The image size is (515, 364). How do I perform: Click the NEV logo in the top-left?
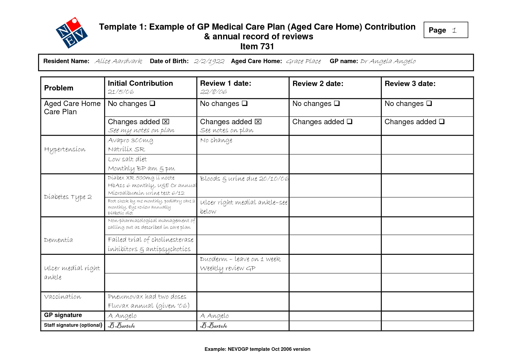(x=72, y=33)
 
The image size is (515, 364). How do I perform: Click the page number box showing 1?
(x=445, y=30)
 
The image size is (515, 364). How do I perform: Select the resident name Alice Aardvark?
(x=118, y=61)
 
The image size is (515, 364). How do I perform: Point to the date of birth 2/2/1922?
(x=209, y=61)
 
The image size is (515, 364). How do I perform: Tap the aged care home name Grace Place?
(x=303, y=61)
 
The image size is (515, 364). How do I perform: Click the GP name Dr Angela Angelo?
(x=388, y=61)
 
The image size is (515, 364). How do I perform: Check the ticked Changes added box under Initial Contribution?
(x=166, y=122)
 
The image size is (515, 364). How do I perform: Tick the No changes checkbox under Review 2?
(x=337, y=103)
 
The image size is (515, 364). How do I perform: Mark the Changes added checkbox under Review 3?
(x=442, y=122)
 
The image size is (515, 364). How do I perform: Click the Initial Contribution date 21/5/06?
(x=121, y=92)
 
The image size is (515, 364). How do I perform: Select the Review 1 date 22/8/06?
(x=213, y=92)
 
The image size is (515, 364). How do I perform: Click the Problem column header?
(x=59, y=88)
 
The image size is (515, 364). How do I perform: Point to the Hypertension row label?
(x=65, y=149)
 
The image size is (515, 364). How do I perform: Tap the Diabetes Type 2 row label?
(x=68, y=197)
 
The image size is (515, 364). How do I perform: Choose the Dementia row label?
(x=58, y=240)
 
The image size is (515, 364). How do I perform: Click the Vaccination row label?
(x=63, y=297)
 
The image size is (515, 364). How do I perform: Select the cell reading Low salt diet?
(x=127, y=159)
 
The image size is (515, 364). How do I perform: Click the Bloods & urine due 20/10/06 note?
(x=244, y=179)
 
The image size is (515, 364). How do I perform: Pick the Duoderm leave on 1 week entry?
(x=240, y=259)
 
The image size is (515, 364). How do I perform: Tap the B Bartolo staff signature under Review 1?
(x=213, y=326)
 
